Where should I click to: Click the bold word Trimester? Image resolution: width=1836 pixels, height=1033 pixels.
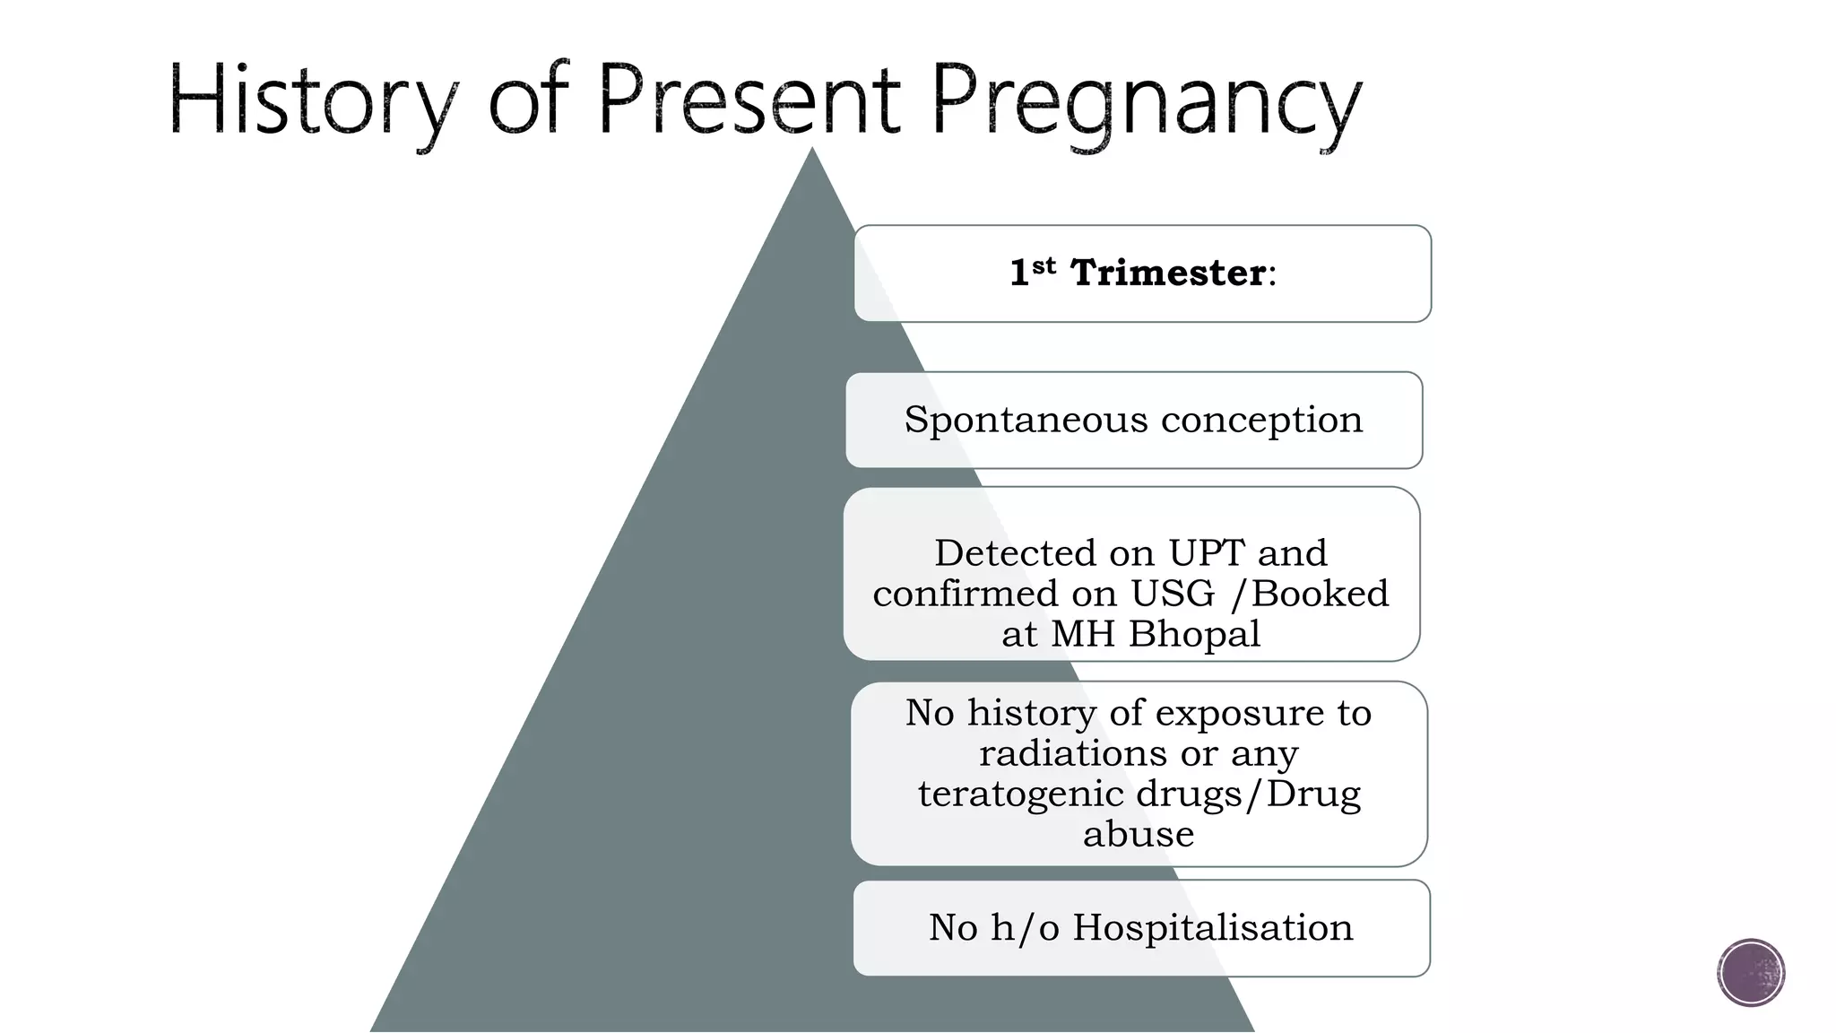click(1168, 273)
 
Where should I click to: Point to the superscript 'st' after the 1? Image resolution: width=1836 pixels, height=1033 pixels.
click(1044, 266)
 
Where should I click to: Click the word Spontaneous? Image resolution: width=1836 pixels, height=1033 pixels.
click(1026, 420)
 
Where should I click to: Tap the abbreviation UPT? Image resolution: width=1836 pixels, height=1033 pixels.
click(1207, 553)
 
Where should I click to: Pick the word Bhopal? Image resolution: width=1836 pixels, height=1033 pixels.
click(1194, 634)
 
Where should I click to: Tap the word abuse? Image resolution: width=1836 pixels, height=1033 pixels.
click(1139, 834)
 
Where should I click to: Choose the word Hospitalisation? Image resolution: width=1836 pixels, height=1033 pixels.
click(1213, 928)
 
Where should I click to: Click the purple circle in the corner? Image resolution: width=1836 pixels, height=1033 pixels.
click(1751, 973)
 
